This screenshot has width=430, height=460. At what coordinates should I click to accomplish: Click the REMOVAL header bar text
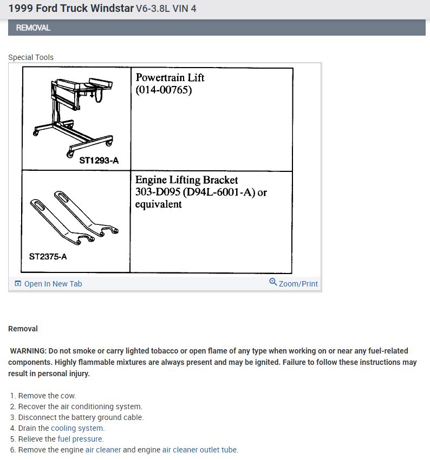pos(33,28)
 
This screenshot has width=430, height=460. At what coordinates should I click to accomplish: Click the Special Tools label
pos(31,57)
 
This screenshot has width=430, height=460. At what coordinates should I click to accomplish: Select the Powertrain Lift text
pos(170,77)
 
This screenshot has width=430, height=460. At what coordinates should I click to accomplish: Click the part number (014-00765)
pos(164,90)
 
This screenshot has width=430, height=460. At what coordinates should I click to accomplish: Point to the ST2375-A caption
pos(48,256)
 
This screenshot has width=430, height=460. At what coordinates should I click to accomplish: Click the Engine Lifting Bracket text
pos(186,179)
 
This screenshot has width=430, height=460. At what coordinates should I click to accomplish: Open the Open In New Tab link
pos(53,284)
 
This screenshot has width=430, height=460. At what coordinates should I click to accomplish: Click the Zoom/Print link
pos(298,284)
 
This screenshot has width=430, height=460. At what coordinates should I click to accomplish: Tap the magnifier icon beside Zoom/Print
pos(273,282)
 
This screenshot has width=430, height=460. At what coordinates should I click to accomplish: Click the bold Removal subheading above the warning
pos(23,329)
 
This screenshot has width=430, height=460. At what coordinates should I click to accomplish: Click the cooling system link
pos(77,428)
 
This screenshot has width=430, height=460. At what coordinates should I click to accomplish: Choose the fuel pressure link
pos(80,439)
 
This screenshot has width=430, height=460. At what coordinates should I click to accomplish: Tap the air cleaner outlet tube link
pos(200,450)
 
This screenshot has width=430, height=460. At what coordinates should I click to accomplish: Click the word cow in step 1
pos(69,396)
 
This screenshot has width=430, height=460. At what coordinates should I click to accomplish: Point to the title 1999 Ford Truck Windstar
pos(71,9)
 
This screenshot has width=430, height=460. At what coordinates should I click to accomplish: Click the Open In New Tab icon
pos(18,284)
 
